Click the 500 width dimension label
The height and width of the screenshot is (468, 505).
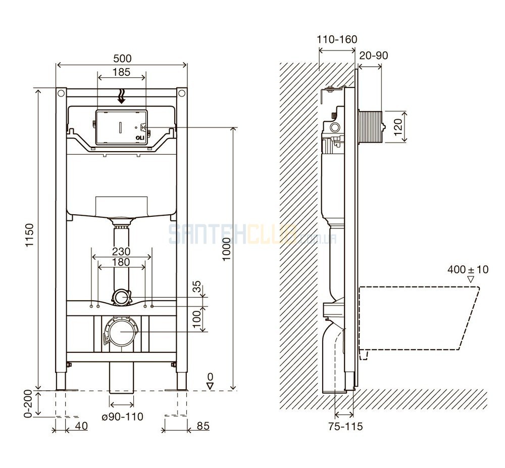pyautogui.click(x=122, y=58)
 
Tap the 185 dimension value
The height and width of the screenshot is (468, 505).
pyautogui.click(x=121, y=72)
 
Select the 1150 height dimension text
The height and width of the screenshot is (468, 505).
pyautogui.click(x=29, y=235)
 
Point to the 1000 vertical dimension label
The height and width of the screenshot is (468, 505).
pyautogui.click(x=227, y=249)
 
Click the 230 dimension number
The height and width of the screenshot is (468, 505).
pyautogui.click(x=121, y=251)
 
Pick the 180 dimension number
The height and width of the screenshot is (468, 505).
pyautogui.click(x=121, y=262)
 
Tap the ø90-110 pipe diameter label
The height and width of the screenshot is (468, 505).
pyautogui.click(x=122, y=417)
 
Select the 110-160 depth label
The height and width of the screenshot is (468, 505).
pyautogui.click(x=337, y=39)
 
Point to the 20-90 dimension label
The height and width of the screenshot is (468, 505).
pyautogui.click(x=374, y=56)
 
